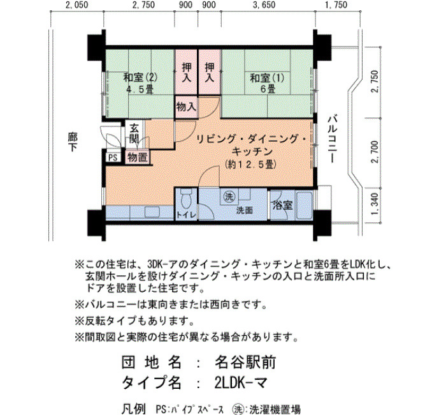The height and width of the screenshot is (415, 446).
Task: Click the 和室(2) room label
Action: click(140, 78)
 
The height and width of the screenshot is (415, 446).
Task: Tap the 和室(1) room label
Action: click(267, 78)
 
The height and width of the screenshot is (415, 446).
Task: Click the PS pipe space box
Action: click(113, 158)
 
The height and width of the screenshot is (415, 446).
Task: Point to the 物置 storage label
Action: click(137, 157)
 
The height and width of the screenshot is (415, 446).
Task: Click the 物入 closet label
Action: click(186, 107)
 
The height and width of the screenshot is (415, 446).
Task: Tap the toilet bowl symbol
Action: click(186, 199)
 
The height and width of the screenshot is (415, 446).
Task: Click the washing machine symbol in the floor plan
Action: click(229, 197)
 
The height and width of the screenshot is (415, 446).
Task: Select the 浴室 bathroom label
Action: click(282, 205)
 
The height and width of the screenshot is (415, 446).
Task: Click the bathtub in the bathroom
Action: click(305, 205)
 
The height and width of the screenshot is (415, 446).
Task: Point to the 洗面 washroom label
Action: click(245, 210)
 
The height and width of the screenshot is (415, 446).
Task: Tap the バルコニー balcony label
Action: click(332, 139)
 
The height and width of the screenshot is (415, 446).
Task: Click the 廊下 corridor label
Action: click(73, 142)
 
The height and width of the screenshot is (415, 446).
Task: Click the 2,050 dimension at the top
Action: click(76, 5)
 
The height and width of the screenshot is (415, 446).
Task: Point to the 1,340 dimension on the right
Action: click(375, 204)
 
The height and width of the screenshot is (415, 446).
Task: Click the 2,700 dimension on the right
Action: click(375, 152)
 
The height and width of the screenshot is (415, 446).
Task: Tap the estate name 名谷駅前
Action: click(245, 363)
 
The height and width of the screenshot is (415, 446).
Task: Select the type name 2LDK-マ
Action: click(241, 383)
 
